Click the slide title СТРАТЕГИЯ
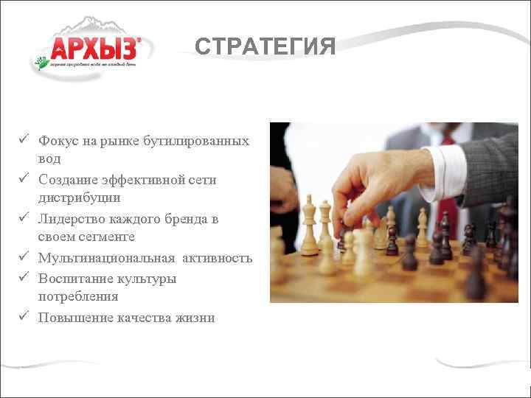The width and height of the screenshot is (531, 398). [x=265, y=47]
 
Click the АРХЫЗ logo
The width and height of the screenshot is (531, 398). [x=93, y=49]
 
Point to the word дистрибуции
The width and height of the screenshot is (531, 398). [x=79, y=198]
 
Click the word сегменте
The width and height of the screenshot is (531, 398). [x=109, y=237]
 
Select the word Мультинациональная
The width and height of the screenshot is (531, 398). [x=107, y=258]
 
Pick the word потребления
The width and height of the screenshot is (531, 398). [x=78, y=296]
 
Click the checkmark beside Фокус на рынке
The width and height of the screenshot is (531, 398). [x=24, y=139]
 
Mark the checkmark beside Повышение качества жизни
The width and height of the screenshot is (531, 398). [x=24, y=316]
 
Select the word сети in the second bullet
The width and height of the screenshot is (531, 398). [x=203, y=180]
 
